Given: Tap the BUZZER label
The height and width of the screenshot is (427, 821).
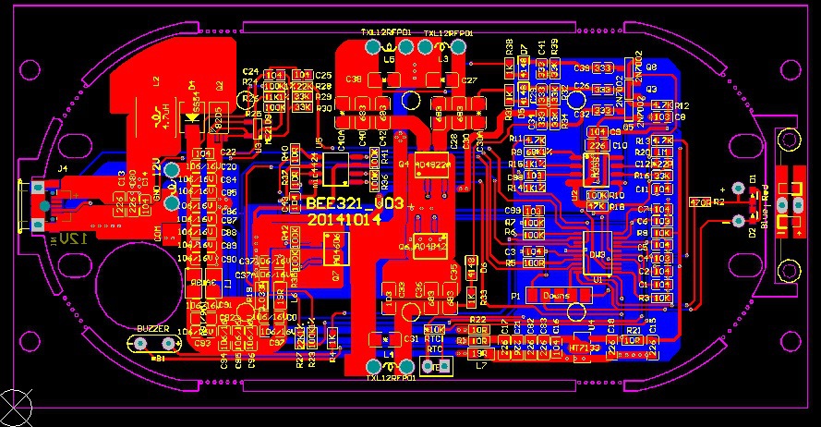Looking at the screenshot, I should (153, 329).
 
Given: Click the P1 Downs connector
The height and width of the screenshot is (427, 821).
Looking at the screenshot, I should (556, 296).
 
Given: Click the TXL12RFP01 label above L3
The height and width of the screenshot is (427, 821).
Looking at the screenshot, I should (448, 32).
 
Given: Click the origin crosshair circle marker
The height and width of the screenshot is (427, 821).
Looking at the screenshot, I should (18, 407).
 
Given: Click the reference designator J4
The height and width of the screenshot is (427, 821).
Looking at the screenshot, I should (63, 168).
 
